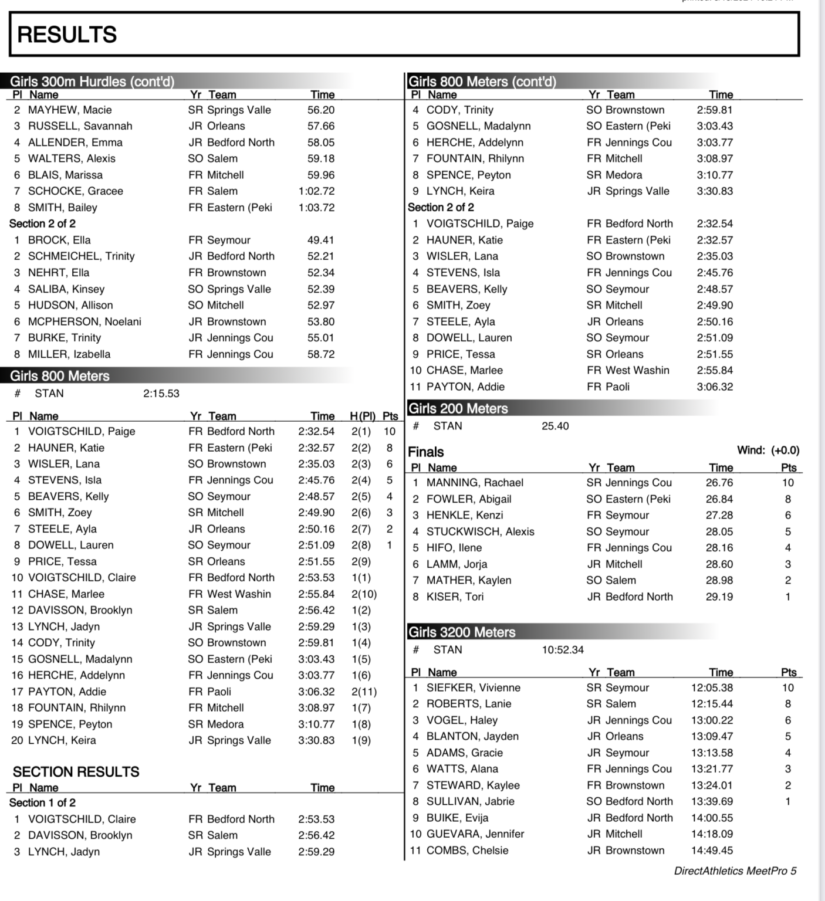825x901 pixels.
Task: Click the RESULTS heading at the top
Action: click(x=67, y=35)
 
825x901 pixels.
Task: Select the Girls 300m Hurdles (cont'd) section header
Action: click(x=92, y=81)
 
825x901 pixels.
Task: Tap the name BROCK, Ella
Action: click(x=59, y=240)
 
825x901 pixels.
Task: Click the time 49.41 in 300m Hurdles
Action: click(x=320, y=240)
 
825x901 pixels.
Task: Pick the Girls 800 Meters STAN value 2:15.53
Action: click(x=161, y=394)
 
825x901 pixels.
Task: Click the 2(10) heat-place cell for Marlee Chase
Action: click(x=364, y=594)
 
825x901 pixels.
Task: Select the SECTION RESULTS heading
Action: click(x=76, y=771)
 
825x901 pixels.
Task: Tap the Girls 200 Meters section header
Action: click(x=458, y=408)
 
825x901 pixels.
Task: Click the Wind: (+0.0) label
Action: click(x=768, y=450)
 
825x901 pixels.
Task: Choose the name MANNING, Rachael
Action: click(x=475, y=483)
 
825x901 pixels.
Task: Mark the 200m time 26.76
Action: click(x=719, y=483)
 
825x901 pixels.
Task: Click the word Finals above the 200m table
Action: click(x=426, y=452)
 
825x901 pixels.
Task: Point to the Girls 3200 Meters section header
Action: click(x=462, y=632)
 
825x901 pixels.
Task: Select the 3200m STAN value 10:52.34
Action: click(x=563, y=650)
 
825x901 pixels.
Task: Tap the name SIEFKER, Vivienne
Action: click(x=474, y=687)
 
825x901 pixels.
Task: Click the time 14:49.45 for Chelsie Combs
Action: click(x=712, y=851)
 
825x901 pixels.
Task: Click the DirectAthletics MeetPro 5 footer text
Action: click(x=735, y=871)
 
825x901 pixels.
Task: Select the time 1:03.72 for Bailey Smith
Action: click(x=317, y=207)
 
